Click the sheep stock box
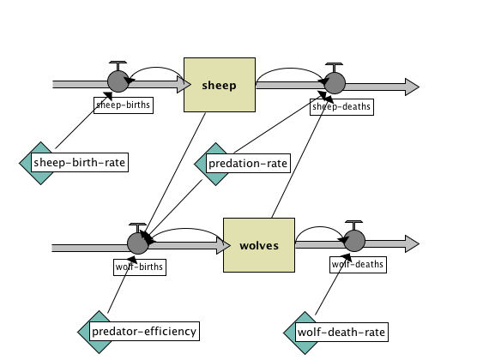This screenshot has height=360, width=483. pyautogui.click(x=220, y=84)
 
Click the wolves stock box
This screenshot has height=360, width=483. pyautogui.click(x=259, y=244)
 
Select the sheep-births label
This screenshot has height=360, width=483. pyautogui.click(x=117, y=105)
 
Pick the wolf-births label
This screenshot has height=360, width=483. pyautogui.click(x=138, y=266)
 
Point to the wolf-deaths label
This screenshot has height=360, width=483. pyautogui.click(x=353, y=265)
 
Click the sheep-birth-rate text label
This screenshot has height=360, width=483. pyautogui.click(x=80, y=162)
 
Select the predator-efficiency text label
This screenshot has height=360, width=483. pyautogui.click(x=144, y=331)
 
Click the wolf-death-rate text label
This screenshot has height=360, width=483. pyautogui.click(x=341, y=331)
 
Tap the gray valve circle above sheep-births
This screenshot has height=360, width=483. pyautogui.click(x=118, y=83)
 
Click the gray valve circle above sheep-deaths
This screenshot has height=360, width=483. pyautogui.click(x=334, y=83)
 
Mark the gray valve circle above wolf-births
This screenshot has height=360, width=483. pyautogui.click(x=138, y=243)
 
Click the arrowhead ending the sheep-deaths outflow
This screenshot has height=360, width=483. pyautogui.click(x=411, y=87)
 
